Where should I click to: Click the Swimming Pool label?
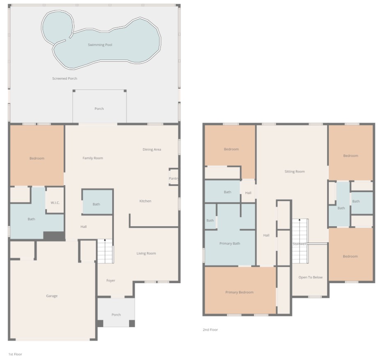coord(100,45)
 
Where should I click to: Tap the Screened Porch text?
coord(65,79)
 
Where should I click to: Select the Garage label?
coord(52,296)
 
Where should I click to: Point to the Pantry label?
coord(173,179)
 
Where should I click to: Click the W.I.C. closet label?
coord(55,202)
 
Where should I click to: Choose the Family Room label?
coord(93,158)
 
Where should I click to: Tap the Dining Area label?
coord(152,149)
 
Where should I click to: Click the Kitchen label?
coord(145,201)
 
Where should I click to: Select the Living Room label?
coord(146,253)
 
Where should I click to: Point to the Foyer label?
coord(111,281)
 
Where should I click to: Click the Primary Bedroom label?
coord(239,293)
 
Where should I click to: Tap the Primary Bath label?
coord(230,244)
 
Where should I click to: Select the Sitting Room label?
coord(295,172)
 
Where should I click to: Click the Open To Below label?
coord(311,277)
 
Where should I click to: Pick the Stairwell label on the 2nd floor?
coord(299,244)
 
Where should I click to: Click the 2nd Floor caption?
coord(210,330)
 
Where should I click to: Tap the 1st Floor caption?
coord(15,354)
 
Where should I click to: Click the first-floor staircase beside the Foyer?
coord(105,251)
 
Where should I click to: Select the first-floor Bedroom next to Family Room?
coord(37,156)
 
